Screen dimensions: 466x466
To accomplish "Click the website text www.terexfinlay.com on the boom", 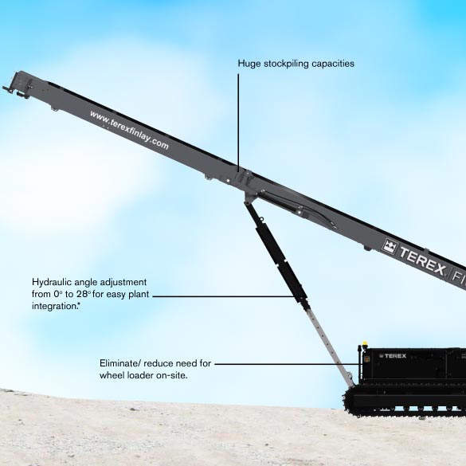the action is [x=129, y=130].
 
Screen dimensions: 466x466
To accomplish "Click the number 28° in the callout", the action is [x=83, y=294].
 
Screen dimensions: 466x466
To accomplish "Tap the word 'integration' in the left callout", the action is [x=54, y=306].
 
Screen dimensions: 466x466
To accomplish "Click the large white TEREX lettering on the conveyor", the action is [x=421, y=261].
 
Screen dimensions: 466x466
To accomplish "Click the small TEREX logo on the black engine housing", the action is [x=393, y=356].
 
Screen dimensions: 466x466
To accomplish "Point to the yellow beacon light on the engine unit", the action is [x=365, y=344].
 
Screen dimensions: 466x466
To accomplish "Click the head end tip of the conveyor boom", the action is [x=3, y=88].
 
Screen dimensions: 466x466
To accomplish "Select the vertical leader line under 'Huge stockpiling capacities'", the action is [x=238, y=122].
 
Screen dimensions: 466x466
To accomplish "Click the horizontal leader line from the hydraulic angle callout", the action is [x=223, y=296].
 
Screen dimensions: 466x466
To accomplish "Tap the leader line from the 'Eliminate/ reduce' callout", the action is [x=287, y=364].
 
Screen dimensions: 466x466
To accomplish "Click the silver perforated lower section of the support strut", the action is [x=330, y=346].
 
